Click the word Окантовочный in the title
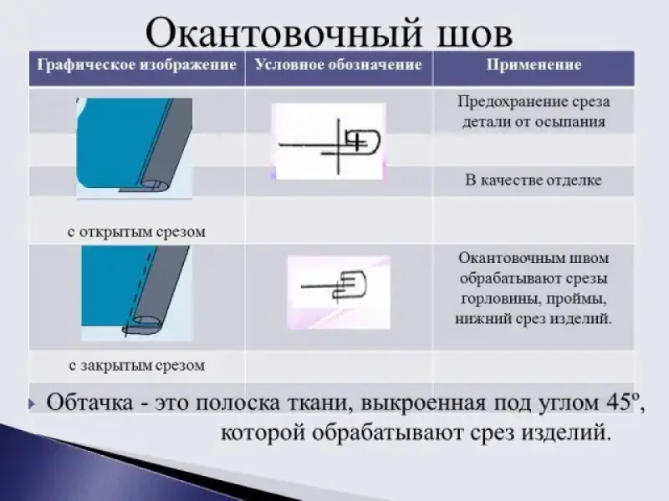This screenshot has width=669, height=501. [283, 33]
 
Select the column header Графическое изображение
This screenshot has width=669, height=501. [136, 65]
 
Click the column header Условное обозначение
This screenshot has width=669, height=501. [339, 65]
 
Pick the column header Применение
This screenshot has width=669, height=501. [534, 65]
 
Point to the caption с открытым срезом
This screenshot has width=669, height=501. [136, 232]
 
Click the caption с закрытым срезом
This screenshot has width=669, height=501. [136, 365]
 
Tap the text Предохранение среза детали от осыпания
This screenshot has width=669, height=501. [534, 112]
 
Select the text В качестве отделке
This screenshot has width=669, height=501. [534, 180]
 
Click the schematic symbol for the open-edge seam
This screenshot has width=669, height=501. [329, 141]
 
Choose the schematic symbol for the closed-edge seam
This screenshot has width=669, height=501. [339, 292]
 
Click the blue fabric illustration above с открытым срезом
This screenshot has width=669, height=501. [135, 148]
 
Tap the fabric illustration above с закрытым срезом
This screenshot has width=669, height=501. [135, 293]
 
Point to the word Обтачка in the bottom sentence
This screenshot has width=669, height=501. [89, 402]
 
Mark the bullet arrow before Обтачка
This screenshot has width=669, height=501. [32, 403]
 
